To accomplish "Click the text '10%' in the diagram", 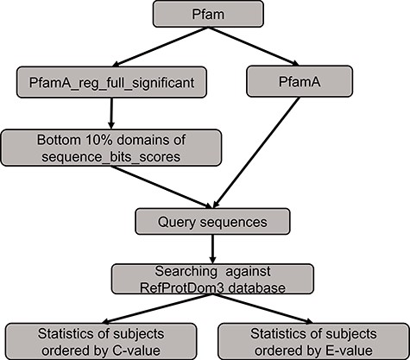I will (85, 139).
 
